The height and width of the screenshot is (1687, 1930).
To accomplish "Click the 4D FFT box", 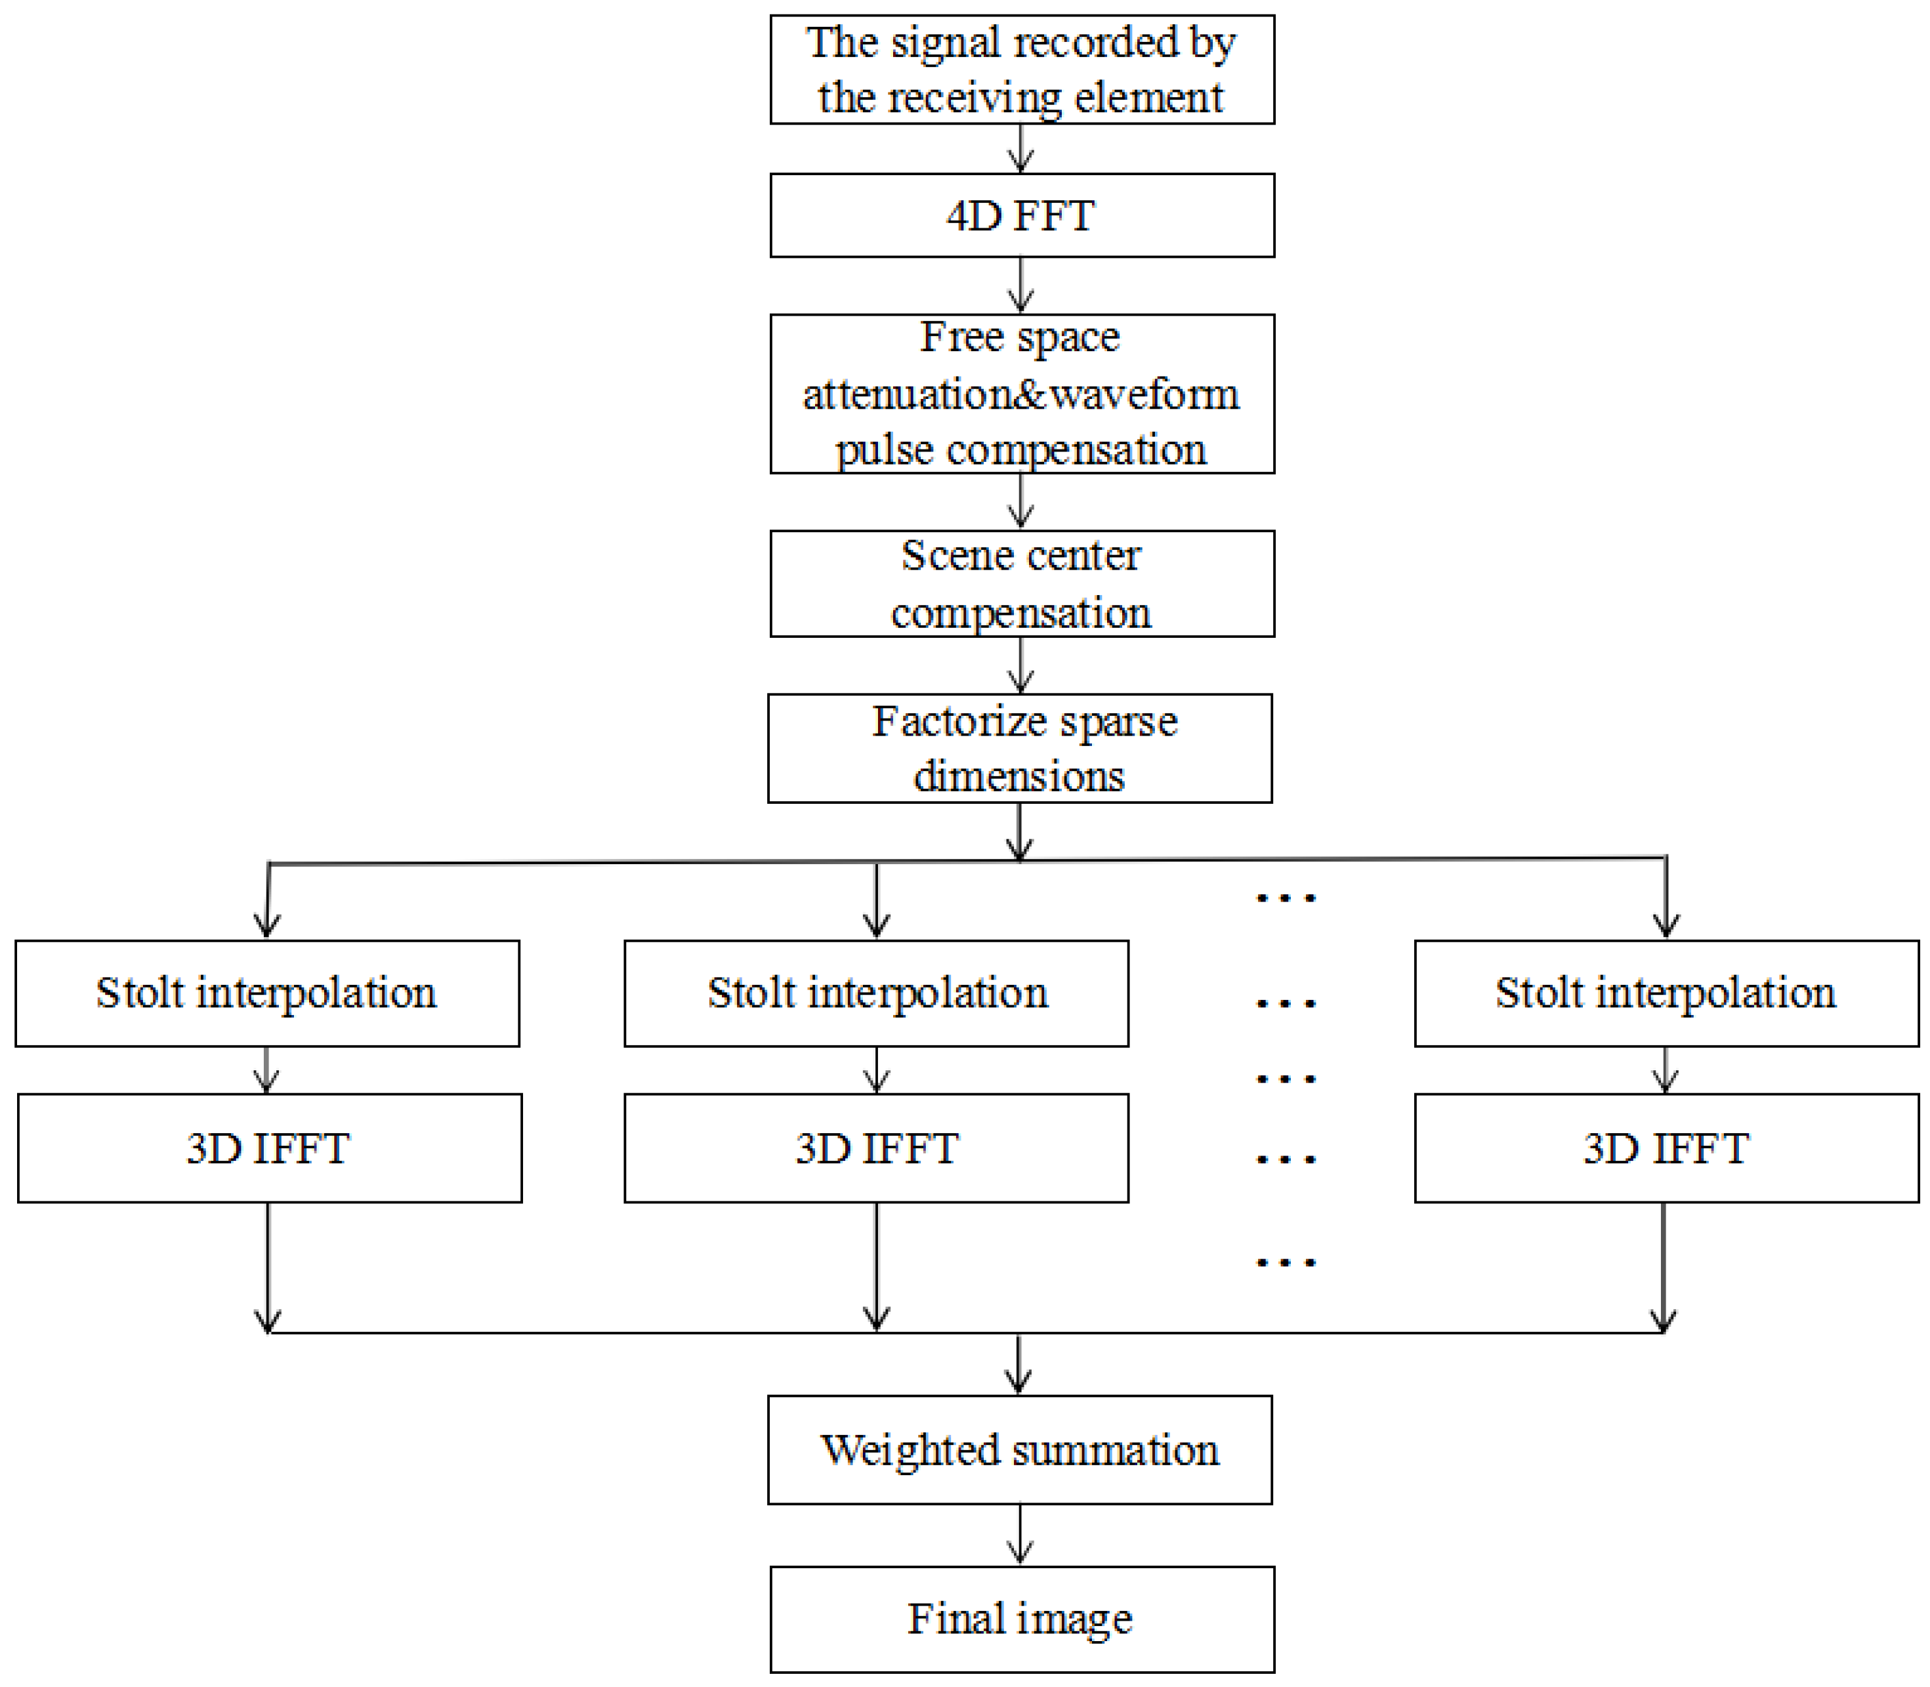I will (1022, 216).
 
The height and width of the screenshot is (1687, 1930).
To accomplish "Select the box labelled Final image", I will (1022, 1619).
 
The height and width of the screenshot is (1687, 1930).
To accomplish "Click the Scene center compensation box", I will (1022, 584).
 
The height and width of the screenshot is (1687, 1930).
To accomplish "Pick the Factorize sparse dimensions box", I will (1020, 749).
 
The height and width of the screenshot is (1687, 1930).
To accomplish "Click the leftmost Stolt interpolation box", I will (267, 993).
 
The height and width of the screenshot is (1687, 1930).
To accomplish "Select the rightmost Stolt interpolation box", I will (1666, 993).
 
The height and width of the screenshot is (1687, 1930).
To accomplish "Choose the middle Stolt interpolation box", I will (877, 993).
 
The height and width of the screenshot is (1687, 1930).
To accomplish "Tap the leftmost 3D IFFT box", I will (269, 1148).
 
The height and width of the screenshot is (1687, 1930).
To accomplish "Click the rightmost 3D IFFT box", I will (1666, 1148).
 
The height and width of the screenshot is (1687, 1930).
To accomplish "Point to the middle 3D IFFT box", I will (877, 1148).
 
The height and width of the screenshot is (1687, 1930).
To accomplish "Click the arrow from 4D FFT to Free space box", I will (1022, 285).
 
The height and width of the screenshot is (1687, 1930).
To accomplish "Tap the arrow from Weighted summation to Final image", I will (1020, 1535).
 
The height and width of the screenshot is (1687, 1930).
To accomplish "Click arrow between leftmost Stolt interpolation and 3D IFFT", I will (267, 1070).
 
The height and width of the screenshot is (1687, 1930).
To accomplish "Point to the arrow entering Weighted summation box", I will (1018, 1365).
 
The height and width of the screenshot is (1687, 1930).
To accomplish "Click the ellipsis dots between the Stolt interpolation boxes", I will (1286, 1003).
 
